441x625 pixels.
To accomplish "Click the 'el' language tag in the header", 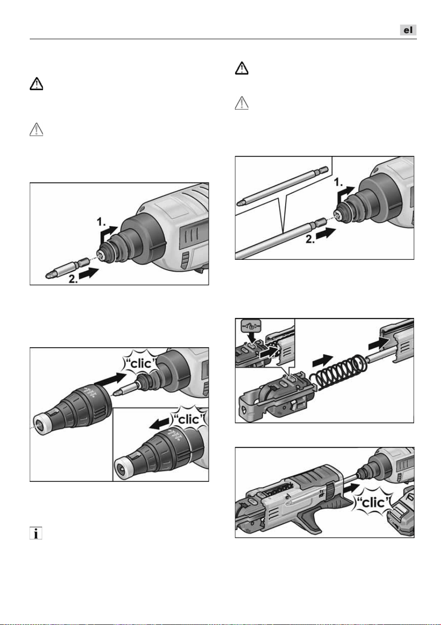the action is [408, 30].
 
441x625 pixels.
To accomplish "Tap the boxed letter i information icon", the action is [36, 533].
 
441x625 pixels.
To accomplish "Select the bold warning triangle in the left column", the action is [36, 84].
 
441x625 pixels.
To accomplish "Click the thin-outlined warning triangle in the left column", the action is [36, 129].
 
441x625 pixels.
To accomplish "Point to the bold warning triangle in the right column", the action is [242, 68].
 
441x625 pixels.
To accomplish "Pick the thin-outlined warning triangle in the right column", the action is [242, 103].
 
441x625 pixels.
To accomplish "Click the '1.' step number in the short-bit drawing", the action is [101, 223].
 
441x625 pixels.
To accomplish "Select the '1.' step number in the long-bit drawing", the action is [339, 183].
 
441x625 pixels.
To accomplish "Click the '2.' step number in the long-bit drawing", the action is [311, 239].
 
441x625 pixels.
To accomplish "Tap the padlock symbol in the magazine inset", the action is [250, 326].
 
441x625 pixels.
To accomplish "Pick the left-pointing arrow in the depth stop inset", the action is [159, 425].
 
